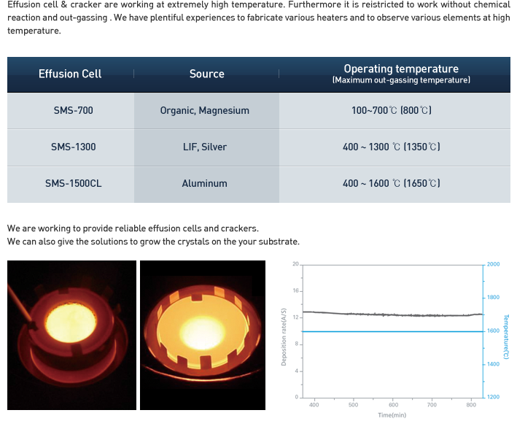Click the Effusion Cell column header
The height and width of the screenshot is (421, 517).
[70, 74]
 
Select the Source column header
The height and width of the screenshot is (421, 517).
[207, 74]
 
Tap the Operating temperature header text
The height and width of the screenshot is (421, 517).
[401, 69]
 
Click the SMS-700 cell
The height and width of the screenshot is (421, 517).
[73, 110]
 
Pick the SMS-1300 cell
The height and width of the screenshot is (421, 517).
[73, 147]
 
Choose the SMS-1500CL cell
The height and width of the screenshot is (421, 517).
[73, 183]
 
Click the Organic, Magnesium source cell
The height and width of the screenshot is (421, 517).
[204, 110]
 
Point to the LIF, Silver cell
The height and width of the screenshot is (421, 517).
[205, 147]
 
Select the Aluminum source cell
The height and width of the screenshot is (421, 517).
[204, 183]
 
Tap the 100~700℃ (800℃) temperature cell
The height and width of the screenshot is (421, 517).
[392, 110]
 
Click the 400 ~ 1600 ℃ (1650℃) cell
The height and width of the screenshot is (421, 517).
[392, 183]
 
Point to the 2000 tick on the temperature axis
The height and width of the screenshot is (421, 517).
[493, 264]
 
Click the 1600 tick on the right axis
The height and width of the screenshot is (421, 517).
[493, 331]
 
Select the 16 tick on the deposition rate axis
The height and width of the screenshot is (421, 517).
[295, 290]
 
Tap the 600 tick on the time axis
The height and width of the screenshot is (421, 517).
[393, 405]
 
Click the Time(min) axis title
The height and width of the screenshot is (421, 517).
[392, 415]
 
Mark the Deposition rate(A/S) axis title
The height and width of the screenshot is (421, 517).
[284, 337]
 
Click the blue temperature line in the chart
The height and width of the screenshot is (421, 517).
[393, 331]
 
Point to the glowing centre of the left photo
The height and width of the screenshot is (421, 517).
[71, 322]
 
